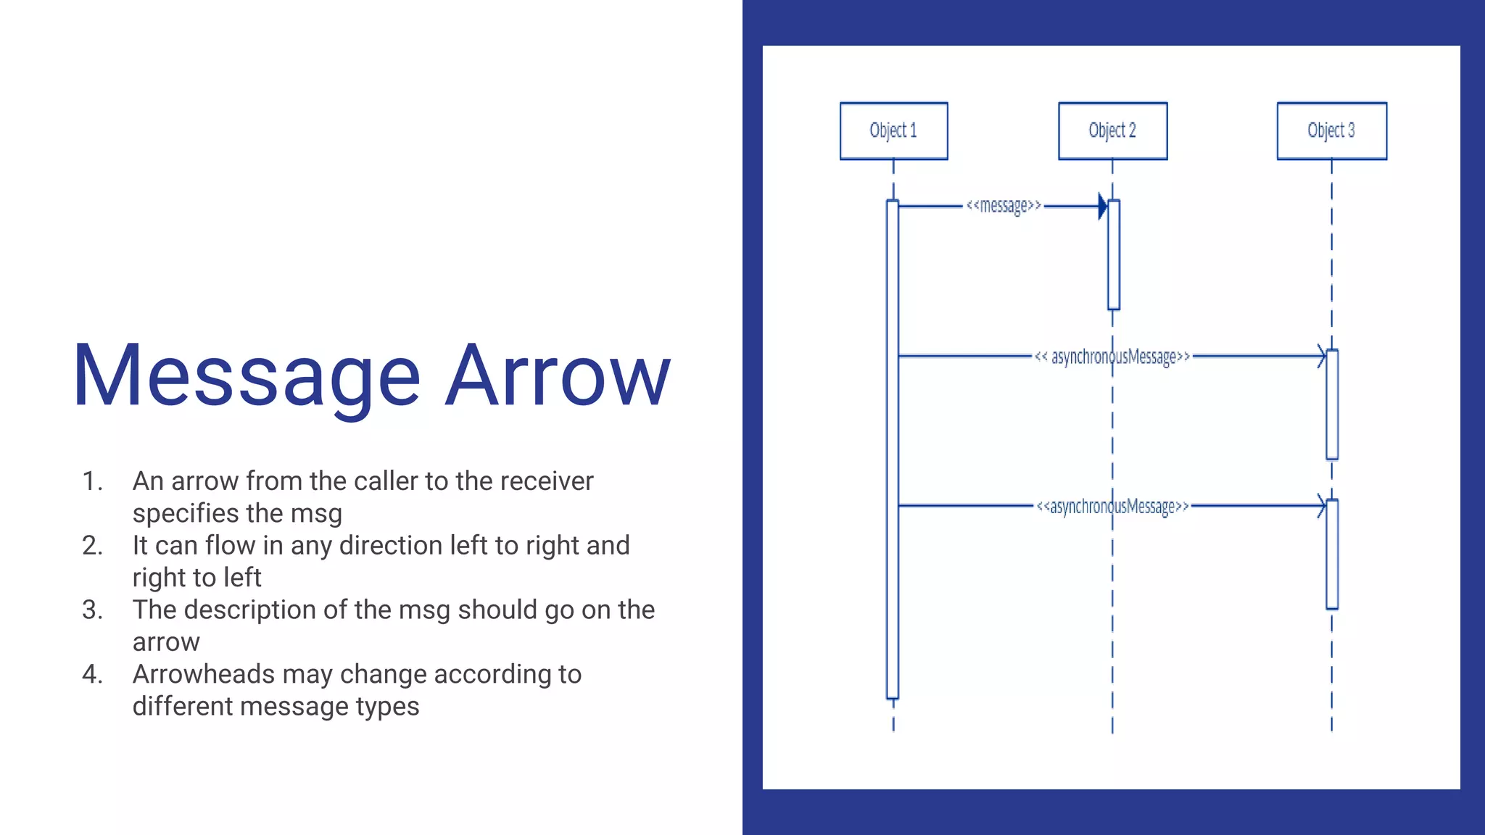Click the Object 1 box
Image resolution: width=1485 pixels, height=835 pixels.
[x=893, y=130]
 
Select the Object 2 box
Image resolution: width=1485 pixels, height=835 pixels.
[x=1112, y=130]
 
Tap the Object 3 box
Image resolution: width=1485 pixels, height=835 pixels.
[x=1331, y=130]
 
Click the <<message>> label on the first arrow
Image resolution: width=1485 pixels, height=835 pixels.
[x=1004, y=207]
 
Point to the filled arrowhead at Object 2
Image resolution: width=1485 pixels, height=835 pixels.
[x=1103, y=207]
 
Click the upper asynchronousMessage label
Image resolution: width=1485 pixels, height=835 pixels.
[x=1112, y=357]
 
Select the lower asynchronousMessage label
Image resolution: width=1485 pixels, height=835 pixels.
[x=1112, y=506]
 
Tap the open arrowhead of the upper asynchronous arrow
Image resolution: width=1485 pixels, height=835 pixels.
[x=1322, y=356]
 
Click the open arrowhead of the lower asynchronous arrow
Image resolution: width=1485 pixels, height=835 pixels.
[x=1322, y=506]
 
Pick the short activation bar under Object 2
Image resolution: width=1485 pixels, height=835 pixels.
[x=1114, y=254]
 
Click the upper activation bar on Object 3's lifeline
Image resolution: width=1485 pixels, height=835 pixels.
[x=1332, y=404]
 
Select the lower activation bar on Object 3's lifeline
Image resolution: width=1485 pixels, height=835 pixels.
[x=1332, y=554]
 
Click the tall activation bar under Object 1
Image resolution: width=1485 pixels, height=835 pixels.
[x=893, y=449]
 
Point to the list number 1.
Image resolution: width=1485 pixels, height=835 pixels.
[x=92, y=481]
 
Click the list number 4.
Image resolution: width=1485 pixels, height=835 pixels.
[x=92, y=674]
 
